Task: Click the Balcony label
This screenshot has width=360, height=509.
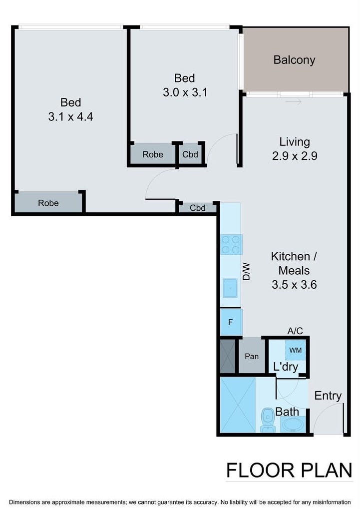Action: (294, 60)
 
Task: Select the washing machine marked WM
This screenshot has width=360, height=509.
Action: (296, 350)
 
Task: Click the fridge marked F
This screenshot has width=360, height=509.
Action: (231, 322)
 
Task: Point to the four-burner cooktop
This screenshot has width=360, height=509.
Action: (231, 244)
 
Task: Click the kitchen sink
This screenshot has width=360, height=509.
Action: (230, 288)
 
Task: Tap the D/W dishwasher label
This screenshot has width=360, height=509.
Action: (247, 271)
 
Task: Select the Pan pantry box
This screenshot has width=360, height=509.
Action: (252, 356)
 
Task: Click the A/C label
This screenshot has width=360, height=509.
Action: (295, 331)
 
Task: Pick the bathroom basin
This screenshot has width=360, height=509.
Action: (293, 424)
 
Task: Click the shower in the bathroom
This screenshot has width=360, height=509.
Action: (238, 405)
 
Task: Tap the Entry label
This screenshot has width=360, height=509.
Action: (328, 396)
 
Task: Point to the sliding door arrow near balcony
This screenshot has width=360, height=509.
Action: (294, 102)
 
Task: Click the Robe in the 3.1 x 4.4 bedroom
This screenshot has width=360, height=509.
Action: (48, 203)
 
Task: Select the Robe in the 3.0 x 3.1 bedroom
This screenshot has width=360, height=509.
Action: (153, 154)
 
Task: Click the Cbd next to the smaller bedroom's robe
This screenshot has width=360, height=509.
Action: (190, 154)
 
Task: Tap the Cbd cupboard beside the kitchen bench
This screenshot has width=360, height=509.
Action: (198, 208)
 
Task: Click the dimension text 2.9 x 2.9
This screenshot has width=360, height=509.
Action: (295, 156)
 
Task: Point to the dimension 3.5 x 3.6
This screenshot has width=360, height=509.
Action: (294, 285)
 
